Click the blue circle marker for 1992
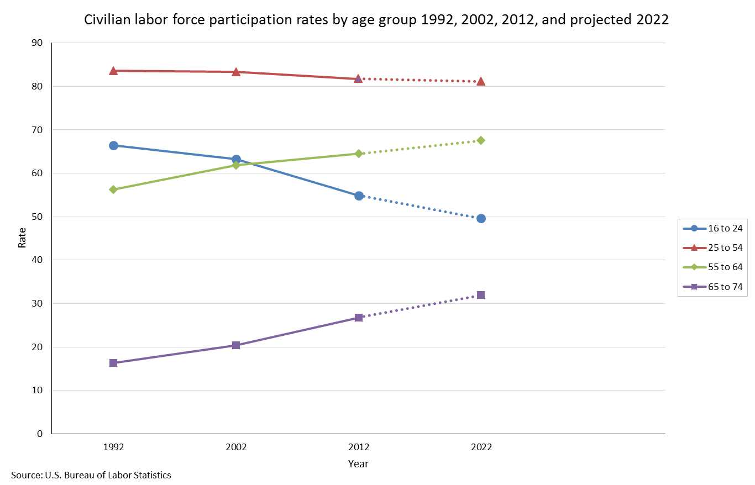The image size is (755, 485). tap(113, 145)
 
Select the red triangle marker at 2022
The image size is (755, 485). tap(481, 82)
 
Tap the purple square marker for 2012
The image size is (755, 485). tap(359, 318)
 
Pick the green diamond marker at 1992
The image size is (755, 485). tap(113, 189)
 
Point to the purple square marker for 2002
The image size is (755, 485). tap(236, 345)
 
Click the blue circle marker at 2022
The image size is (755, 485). tap(481, 218)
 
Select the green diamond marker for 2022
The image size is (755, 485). tap(481, 140)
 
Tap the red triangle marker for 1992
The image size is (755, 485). tap(113, 71)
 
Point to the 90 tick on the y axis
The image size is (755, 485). tap(38, 43)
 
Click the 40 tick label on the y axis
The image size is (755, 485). tap(38, 260)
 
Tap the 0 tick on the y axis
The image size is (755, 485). tap(40, 434)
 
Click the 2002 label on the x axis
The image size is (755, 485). tap(236, 447)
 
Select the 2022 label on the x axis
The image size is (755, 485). tap(481, 447)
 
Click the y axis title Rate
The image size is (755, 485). tap(22, 238)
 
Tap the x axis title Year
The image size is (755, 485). tap(358, 463)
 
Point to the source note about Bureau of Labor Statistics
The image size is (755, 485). tap(91, 475)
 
